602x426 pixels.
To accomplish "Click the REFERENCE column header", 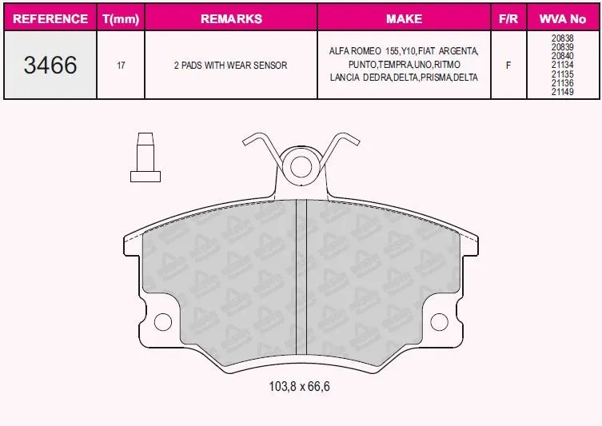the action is coord(50,18).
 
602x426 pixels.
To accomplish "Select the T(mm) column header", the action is coord(121,19).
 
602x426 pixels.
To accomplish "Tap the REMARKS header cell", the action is coord(231,18).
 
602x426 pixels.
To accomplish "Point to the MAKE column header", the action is coord(404,18).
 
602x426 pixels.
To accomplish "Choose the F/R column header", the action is coord(508,18).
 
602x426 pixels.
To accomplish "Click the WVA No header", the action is coord(563,18).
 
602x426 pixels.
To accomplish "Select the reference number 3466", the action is coord(50,65).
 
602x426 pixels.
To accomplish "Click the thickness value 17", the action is coord(121,66).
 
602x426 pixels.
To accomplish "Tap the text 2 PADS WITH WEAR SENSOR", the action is coord(231,66).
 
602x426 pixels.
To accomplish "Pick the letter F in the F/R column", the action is coord(508,66).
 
